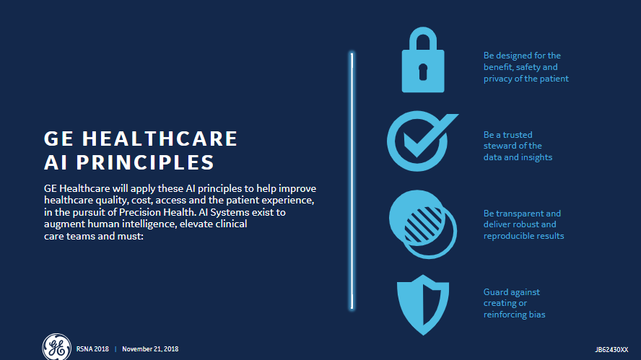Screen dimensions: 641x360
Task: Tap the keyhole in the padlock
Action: (423, 72)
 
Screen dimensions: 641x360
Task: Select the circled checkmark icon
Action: (422, 141)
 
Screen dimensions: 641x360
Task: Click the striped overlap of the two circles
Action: (424, 224)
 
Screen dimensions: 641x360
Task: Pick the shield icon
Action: (423, 305)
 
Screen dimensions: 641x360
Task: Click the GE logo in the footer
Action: (56, 347)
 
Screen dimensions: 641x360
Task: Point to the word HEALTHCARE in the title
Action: (160, 139)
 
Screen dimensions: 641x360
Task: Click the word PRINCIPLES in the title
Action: (145, 162)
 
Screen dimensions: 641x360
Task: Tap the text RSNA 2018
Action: (92, 349)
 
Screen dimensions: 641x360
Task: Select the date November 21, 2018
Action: (150, 349)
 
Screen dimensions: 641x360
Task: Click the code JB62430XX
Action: (611, 350)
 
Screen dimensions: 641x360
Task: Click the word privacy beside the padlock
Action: (497, 79)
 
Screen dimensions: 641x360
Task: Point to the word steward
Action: (500, 146)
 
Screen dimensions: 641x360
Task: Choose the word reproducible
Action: (506, 236)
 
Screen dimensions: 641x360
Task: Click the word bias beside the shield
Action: (537, 315)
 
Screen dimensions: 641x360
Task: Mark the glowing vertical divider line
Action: (352, 180)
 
